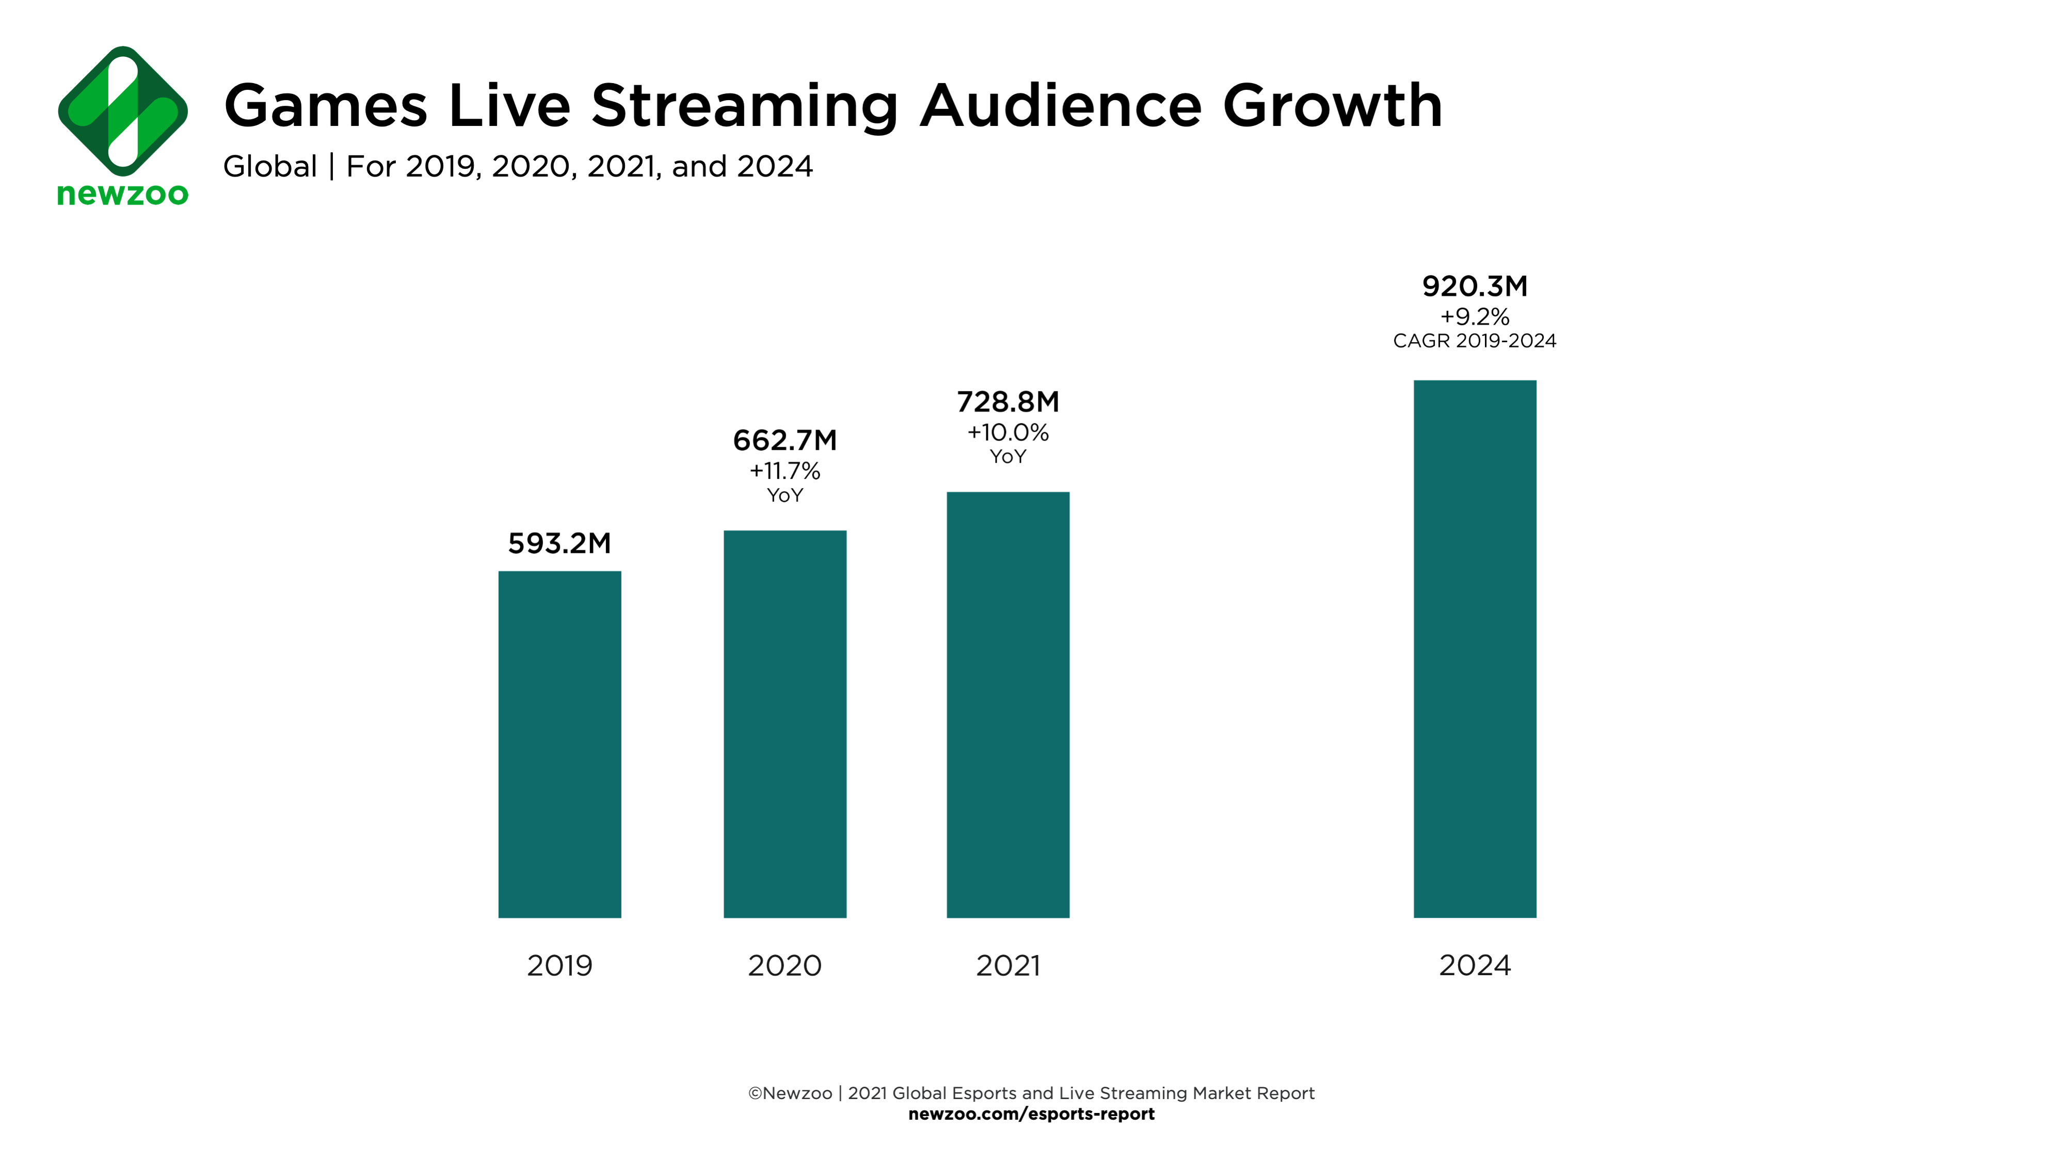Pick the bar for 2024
pyautogui.click(x=1474, y=648)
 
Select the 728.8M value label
pyautogui.click(x=1007, y=402)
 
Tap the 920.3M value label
pyautogui.click(x=1474, y=286)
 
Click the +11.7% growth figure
pyautogui.click(x=785, y=471)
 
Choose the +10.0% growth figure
pyautogui.click(x=1007, y=433)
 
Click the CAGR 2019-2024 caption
pyautogui.click(x=1474, y=341)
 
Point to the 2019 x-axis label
pyautogui.click(x=559, y=965)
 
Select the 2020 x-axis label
pyautogui.click(x=785, y=965)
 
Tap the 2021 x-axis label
pyautogui.click(x=1007, y=965)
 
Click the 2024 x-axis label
pyautogui.click(x=1474, y=965)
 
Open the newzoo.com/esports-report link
pyautogui.click(x=1031, y=1115)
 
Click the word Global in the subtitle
pyautogui.click(x=270, y=167)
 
